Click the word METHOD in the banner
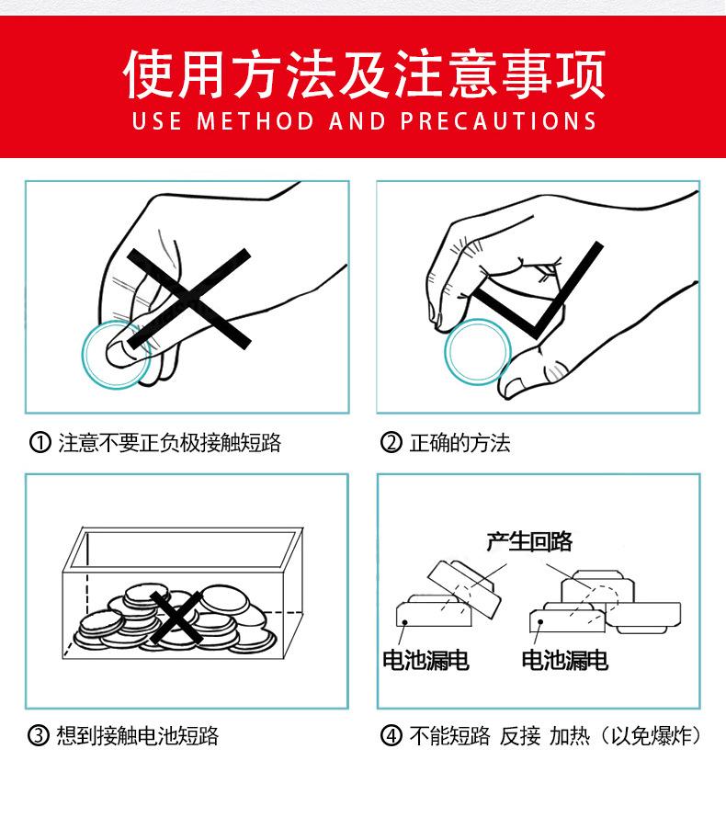tap(255, 121)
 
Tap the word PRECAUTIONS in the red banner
tap(498, 121)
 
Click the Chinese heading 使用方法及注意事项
tap(364, 74)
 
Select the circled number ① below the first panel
tap(40, 442)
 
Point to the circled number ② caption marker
tap(391, 442)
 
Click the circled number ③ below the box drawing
tap(39, 735)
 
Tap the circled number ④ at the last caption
tap(391, 735)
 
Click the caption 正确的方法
tap(459, 443)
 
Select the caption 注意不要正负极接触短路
tap(169, 443)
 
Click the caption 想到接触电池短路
tap(138, 735)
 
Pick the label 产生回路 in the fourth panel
tap(529, 541)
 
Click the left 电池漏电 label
tap(426, 660)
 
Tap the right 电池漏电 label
tap(565, 660)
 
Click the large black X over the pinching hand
tap(188, 299)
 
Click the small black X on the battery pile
tap(176, 618)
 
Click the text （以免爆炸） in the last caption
tap(651, 735)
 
